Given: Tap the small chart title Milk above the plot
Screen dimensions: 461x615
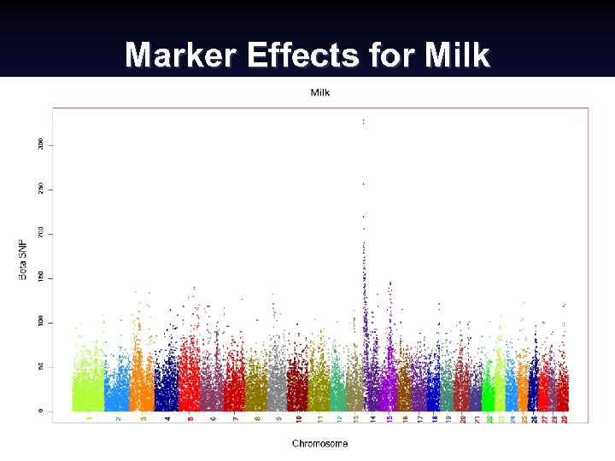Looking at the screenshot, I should pyautogui.click(x=319, y=92).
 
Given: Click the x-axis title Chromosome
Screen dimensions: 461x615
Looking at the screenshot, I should pyautogui.click(x=319, y=443).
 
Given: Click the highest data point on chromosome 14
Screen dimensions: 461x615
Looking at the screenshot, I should pyautogui.click(x=363, y=122).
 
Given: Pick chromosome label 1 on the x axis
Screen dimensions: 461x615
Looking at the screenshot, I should pyautogui.click(x=89, y=418).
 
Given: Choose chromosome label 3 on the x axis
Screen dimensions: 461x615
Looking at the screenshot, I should pyautogui.click(x=143, y=418).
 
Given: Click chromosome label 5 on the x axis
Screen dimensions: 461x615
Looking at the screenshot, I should pyautogui.click(x=190, y=418).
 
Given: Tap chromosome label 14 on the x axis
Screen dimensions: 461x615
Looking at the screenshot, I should pyautogui.click(x=372, y=419).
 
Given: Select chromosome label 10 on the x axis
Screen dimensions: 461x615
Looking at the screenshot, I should pyautogui.click(x=298, y=419).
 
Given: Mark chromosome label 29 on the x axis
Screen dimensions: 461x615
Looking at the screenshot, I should pyautogui.click(x=565, y=419).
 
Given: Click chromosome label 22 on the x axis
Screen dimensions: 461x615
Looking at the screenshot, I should pyautogui.click(x=489, y=419).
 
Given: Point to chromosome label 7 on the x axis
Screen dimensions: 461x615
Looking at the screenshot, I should pyautogui.click(x=236, y=418).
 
